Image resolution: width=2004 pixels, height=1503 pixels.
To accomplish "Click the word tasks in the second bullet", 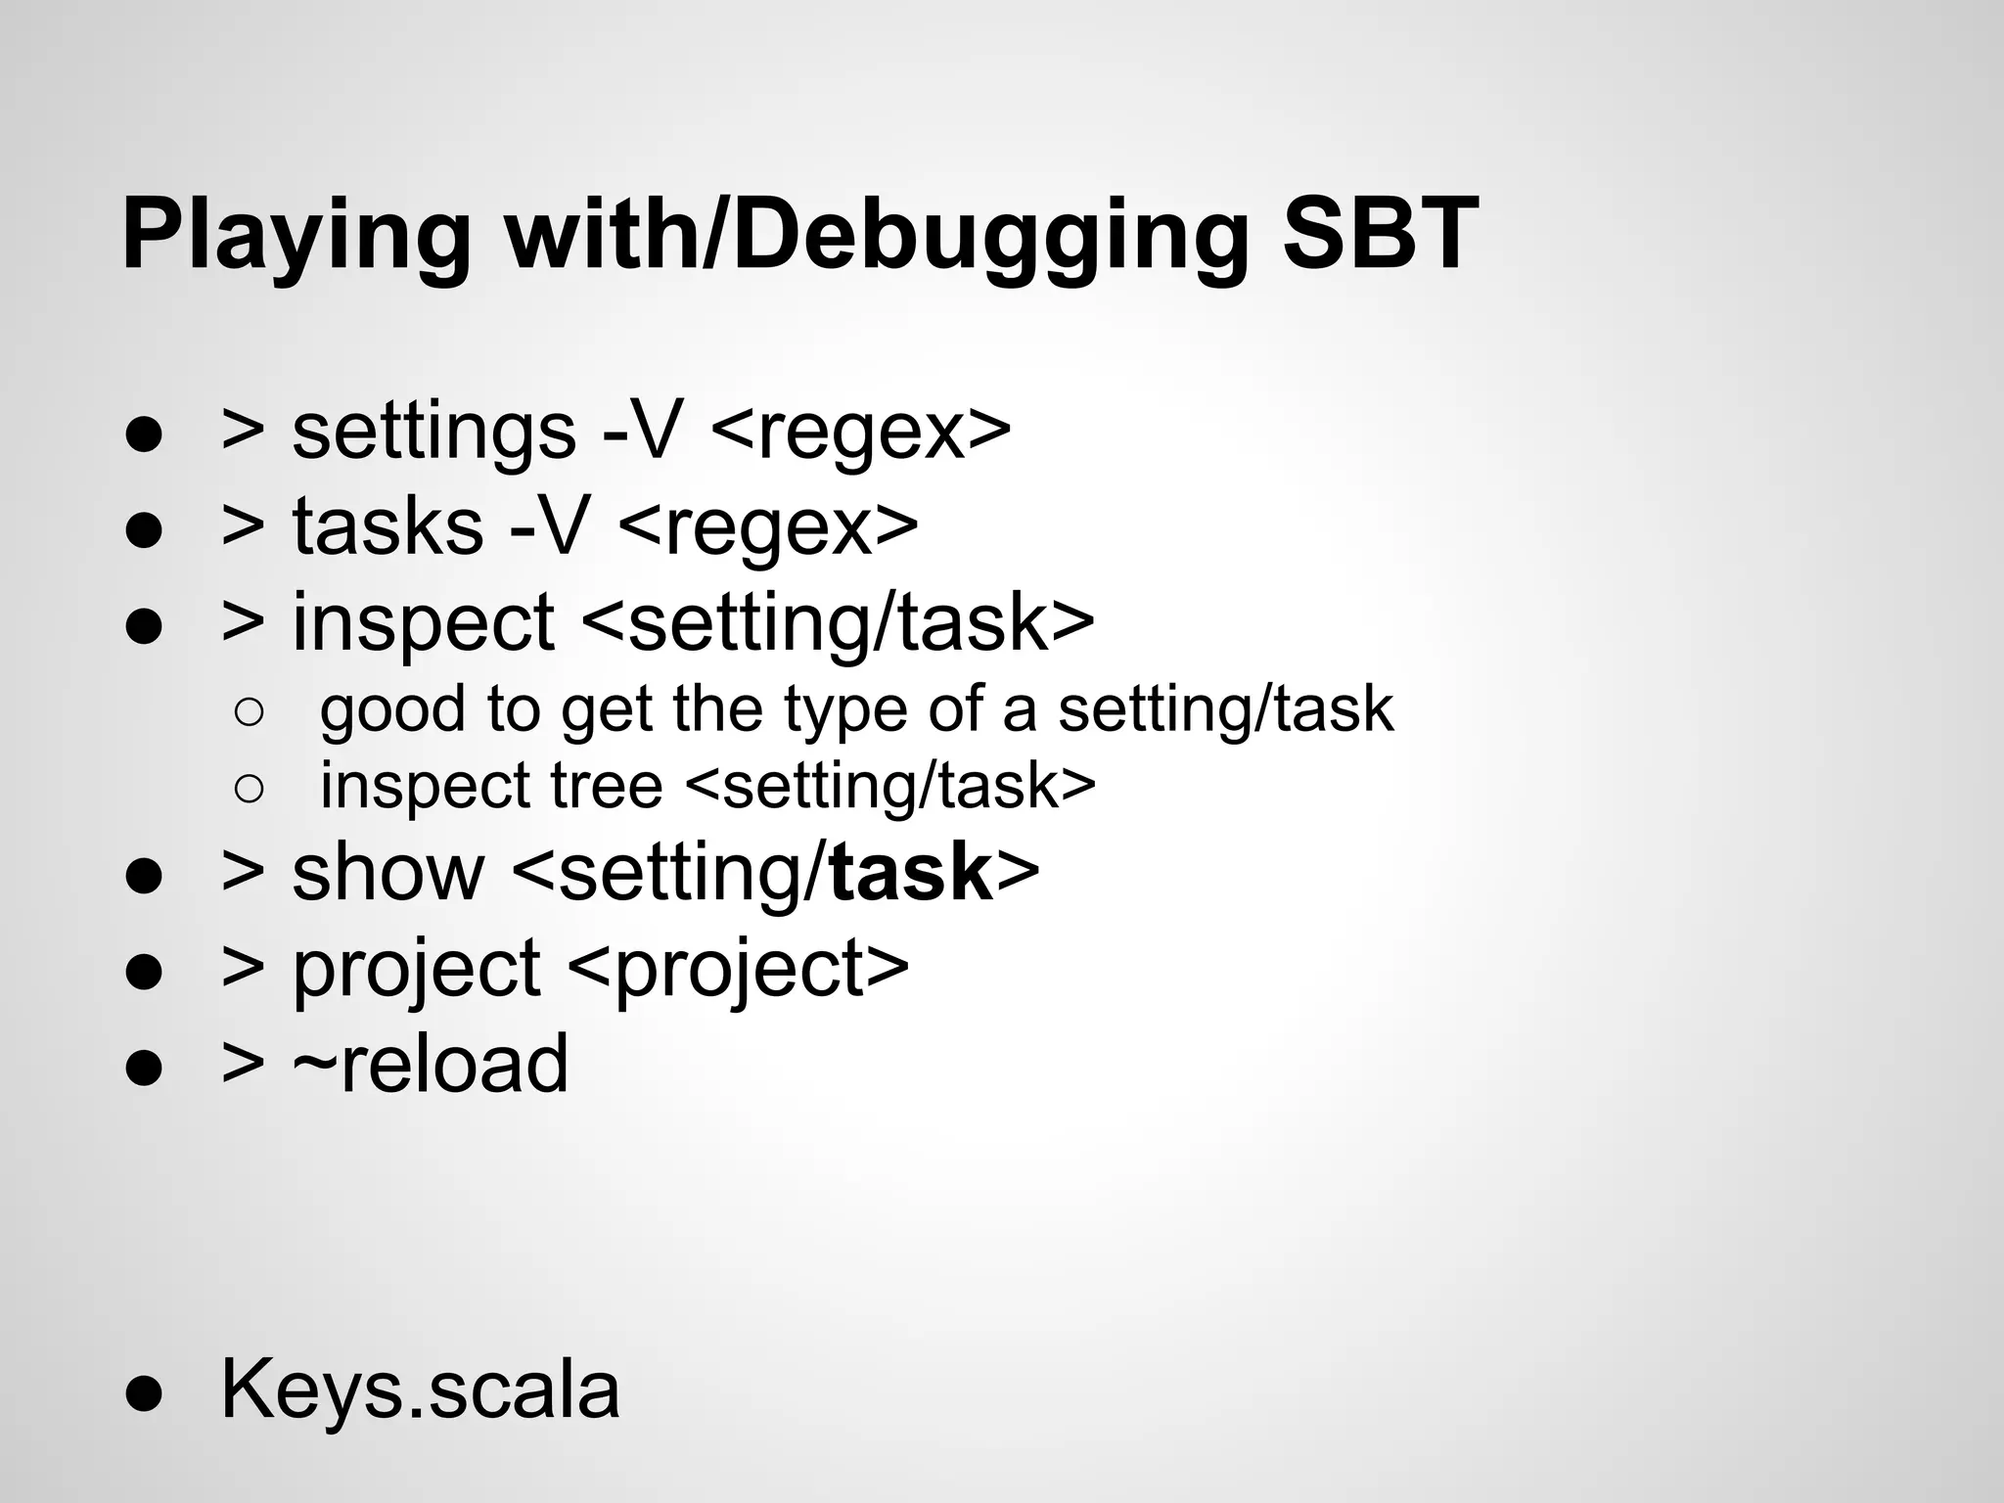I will click(x=387, y=526).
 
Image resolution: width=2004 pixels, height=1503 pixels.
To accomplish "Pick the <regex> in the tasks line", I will click(x=768, y=526).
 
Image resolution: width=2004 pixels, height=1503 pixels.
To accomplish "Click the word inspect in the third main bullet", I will click(x=423, y=622).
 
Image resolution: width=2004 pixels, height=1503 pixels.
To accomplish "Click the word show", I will click(x=387, y=872).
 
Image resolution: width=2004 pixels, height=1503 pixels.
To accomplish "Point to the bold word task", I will click(x=910, y=872).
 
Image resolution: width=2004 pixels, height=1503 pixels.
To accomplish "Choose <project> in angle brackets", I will click(x=738, y=968).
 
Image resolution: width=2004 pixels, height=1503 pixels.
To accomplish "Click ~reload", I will click(x=430, y=1064).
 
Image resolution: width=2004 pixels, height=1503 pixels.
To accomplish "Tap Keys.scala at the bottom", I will click(x=421, y=1389).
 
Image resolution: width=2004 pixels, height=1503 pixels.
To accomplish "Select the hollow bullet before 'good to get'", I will click(x=250, y=712).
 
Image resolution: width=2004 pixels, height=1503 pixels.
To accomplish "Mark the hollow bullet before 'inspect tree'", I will click(x=250, y=789).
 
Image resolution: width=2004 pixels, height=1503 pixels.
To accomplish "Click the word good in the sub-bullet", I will click(x=391, y=710).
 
